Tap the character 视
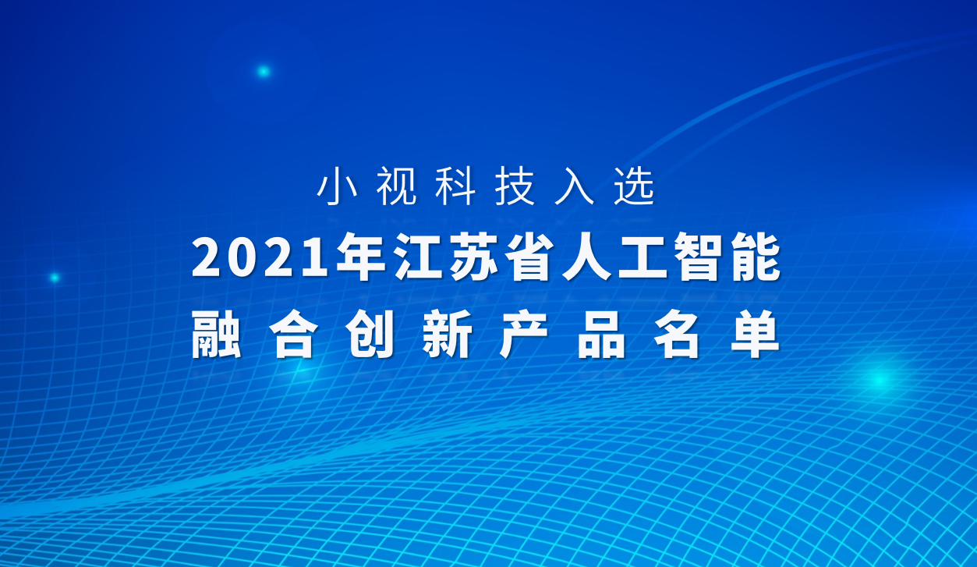click(397, 188)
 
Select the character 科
click(455, 188)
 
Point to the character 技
click(515, 188)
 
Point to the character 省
click(530, 260)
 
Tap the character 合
click(292, 335)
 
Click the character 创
click(370, 335)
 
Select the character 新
click(447, 335)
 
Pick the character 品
click(601, 335)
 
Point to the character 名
click(678, 335)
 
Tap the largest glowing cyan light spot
click(880, 380)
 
